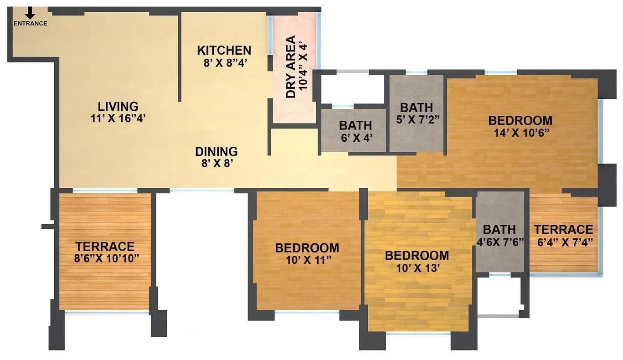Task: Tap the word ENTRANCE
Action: (x=31, y=24)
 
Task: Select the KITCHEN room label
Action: (x=224, y=50)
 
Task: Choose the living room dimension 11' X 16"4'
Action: (x=118, y=118)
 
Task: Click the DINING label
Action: (x=216, y=151)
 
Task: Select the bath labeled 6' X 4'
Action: (x=355, y=125)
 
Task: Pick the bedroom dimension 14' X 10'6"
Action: (x=520, y=133)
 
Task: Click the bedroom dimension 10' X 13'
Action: (x=417, y=267)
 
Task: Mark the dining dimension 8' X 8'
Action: (x=216, y=163)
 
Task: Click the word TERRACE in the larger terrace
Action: (x=105, y=247)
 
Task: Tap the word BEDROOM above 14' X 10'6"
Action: (x=520, y=121)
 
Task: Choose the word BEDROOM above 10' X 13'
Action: (x=417, y=255)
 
